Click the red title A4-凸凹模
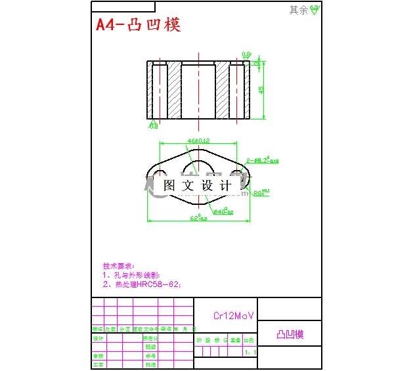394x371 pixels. pyautogui.click(x=139, y=25)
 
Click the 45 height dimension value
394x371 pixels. pyautogui.click(x=261, y=89)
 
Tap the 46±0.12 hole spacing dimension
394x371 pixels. pyautogui.click(x=198, y=141)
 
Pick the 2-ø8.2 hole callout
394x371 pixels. pyautogui.click(x=262, y=160)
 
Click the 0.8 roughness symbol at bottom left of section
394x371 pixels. pyautogui.click(x=154, y=125)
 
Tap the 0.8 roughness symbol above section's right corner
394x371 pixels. pyautogui.click(x=246, y=55)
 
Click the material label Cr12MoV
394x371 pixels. pyautogui.click(x=234, y=315)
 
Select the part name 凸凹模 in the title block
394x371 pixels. pyautogui.click(x=290, y=334)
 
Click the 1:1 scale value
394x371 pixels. pyautogui.click(x=250, y=353)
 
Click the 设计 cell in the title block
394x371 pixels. pyautogui.click(x=98, y=339)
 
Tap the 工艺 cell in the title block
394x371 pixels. pyautogui.click(x=98, y=364)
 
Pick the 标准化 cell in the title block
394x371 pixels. pyautogui.click(x=151, y=339)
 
